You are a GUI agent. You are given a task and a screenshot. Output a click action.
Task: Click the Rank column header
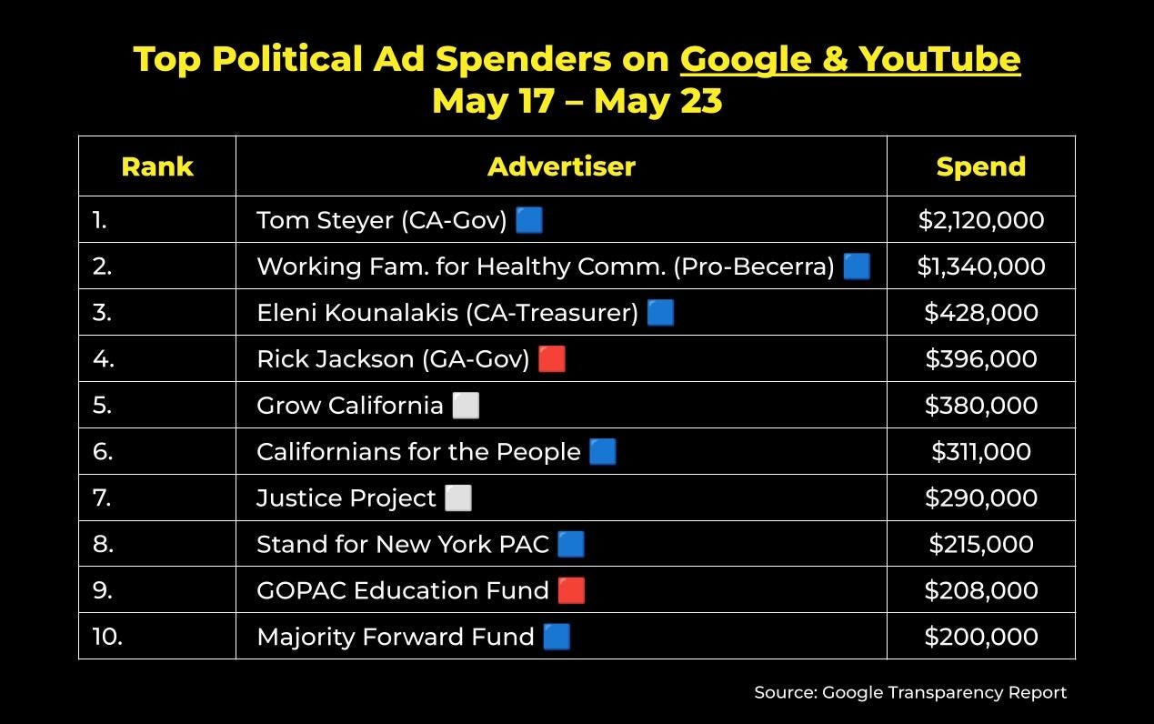pyautogui.click(x=157, y=166)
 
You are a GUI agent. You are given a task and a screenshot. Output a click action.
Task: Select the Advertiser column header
pyautogui.click(x=562, y=166)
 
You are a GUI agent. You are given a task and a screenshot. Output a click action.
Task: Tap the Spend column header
pyautogui.click(x=981, y=167)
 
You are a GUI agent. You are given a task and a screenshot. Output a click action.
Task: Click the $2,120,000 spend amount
pyautogui.click(x=981, y=220)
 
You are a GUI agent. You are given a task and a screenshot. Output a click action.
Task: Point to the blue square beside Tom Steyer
pyautogui.click(x=529, y=220)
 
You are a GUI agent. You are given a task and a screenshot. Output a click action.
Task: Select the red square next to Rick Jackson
pyautogui.click(x=552, y=358)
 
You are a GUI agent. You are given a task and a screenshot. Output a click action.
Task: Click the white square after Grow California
pyautogui.click(x=466, y=405)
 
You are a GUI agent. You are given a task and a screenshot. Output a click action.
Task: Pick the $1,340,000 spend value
pyautogui.click(x=981, y=266)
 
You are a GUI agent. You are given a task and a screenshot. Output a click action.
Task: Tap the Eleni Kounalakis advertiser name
pyautogui.click(x=447, y=313)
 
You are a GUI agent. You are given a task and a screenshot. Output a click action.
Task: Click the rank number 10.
pyautogui.click(x=107, y=637)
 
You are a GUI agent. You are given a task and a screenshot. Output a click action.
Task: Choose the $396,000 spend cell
pyautogui.click(x=981, y=358)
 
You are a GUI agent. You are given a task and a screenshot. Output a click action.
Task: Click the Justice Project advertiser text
pyautogui.click(x=346, y=498)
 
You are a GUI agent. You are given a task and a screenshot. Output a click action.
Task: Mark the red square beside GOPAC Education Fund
pyautogui.click(x=571, y=590)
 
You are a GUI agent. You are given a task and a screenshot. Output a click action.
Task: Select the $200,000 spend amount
pyautogui.click(x=981, y=637)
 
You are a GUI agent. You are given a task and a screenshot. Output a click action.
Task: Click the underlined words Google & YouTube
pyautogui.click(x=850, y=59)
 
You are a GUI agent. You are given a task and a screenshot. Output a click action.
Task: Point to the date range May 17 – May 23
pyautogui.click(x=577, y=101)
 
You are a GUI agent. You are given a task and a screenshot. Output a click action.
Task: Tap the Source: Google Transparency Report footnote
pyautogui.click(x=910, y=692)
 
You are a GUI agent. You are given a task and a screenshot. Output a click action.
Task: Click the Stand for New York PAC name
pyautogui.click(x=403, y=544)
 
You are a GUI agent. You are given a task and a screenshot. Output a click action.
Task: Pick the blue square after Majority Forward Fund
pyautogui.click(x=557, y=637)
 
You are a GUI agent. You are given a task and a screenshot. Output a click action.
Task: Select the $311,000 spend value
pyautogui.click(x=981, y=451)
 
